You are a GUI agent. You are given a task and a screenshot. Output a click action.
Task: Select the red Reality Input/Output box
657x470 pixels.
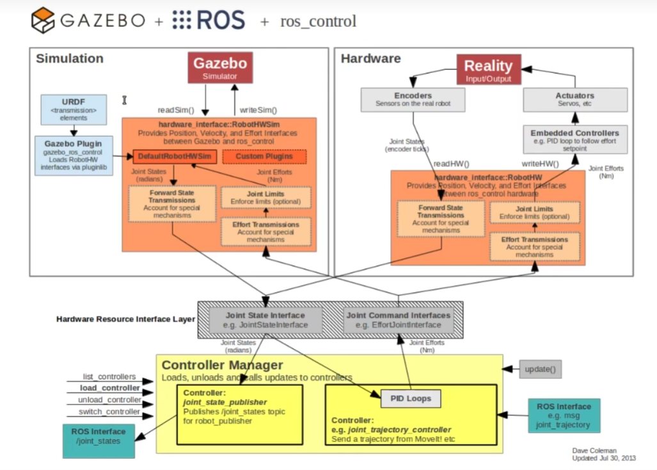(488, 69)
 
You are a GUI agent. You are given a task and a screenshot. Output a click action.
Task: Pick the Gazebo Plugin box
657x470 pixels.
(73, 155)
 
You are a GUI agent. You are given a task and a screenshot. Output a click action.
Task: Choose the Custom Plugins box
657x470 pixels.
(264, 156)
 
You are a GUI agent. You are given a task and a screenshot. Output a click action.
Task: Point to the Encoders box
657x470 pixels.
(413, 99)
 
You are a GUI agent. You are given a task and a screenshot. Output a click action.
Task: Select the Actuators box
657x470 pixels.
(574, 99)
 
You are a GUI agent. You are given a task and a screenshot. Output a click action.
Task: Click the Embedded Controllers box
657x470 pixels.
(574, 139)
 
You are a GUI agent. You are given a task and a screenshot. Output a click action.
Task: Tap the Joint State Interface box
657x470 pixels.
(265, 320)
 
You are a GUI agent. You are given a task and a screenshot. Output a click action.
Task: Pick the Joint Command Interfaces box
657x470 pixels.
(399, 320)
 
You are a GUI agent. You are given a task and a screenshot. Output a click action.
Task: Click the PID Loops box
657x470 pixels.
(411, 398)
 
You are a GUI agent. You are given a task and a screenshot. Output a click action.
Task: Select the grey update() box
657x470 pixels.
(540, 369)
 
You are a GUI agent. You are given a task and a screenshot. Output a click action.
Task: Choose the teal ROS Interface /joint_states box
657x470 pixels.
(99, 441)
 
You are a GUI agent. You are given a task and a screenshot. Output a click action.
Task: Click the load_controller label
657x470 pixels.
(109, 388)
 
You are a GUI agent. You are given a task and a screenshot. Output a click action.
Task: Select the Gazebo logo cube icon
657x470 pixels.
(44, 20)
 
